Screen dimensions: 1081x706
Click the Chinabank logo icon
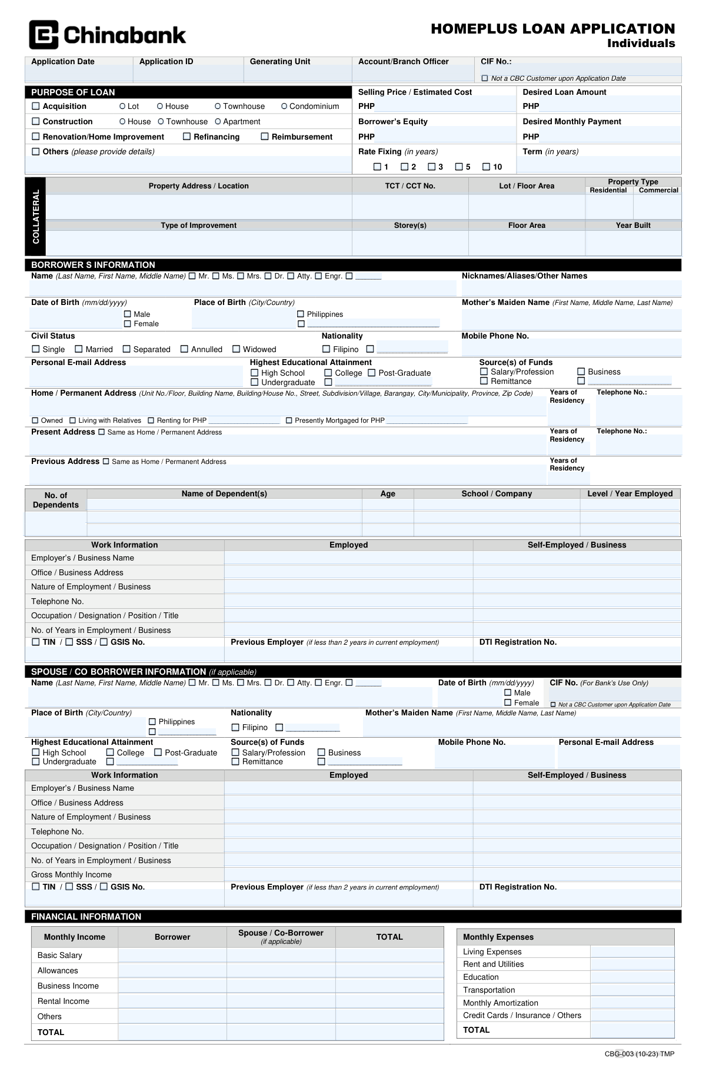pos(44,35)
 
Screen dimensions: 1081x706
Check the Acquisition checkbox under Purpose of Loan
pos(36,106)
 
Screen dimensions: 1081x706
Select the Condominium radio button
pos(284,106)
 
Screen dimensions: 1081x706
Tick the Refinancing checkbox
pos(187,137)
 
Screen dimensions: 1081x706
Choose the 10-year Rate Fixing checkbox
pos(487,167)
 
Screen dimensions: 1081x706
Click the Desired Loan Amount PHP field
pos(610,106)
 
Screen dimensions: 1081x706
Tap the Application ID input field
pos(188,74)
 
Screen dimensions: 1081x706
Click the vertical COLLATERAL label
pos(35,217)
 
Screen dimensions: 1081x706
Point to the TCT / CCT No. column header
pos(410,186)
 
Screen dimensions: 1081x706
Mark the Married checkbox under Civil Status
pos(79,349)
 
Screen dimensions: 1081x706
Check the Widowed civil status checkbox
pos(237,349)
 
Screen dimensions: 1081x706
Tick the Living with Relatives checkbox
pos(73,420)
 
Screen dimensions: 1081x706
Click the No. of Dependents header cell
pos(56,500)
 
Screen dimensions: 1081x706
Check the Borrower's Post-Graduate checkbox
pos(372,373)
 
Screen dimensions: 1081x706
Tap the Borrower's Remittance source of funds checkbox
pos(484,381)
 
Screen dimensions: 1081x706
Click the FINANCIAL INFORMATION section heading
pos(86,917)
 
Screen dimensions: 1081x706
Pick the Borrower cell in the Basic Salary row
pos(172,955)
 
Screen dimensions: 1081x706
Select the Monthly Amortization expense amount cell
pos(632,1003)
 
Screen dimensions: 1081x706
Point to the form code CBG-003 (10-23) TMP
pos(640,1054)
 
